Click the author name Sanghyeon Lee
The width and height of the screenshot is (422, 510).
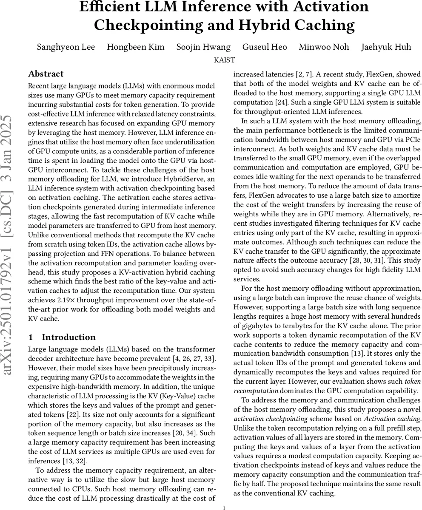point(66,47)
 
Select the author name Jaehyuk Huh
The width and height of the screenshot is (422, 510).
point(386,47)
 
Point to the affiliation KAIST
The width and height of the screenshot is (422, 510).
point(224,60)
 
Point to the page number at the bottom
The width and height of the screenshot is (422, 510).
point(224,507)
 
